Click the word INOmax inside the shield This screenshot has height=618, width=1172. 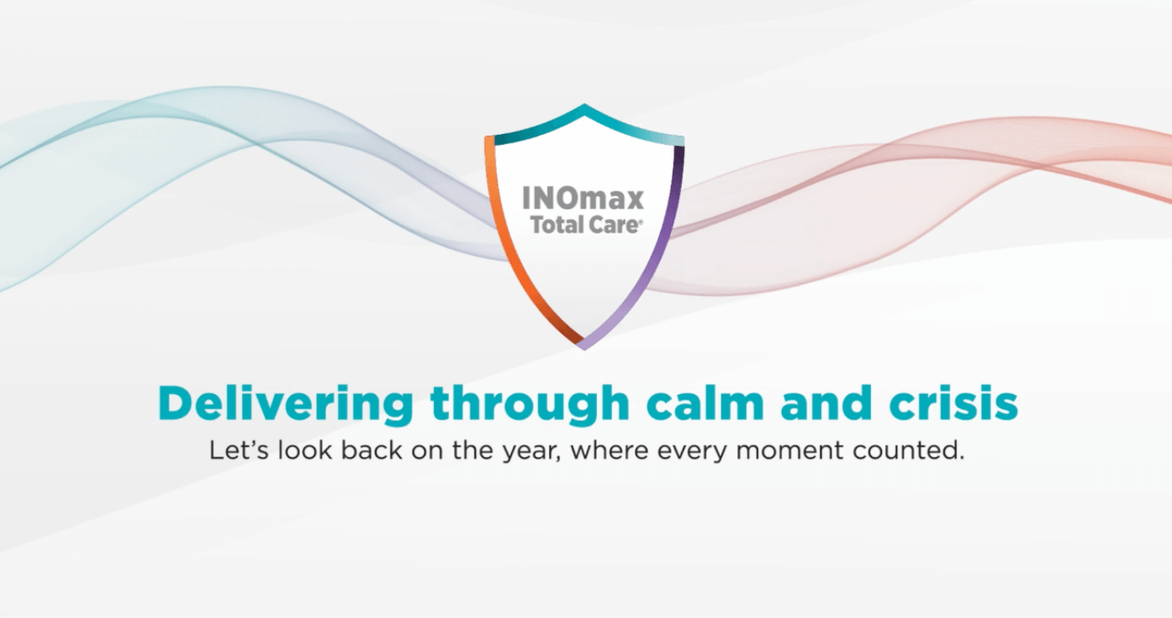point(583,199)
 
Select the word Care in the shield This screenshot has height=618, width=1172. point(612,225)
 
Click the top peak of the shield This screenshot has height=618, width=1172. point(584,105)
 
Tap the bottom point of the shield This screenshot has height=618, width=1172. point(584,348)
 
